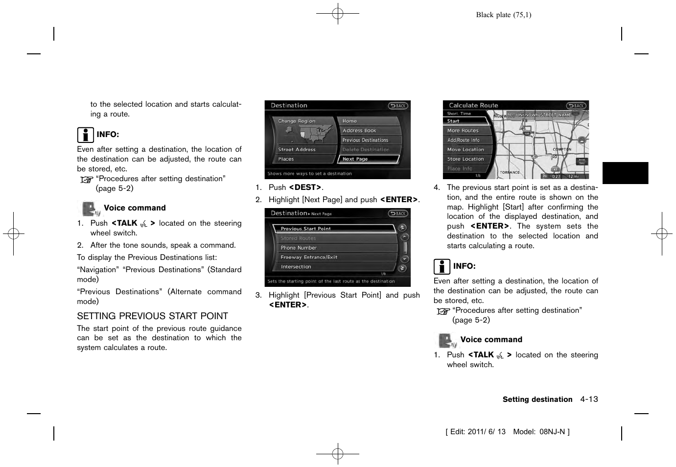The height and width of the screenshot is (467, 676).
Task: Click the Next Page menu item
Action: (368, 159)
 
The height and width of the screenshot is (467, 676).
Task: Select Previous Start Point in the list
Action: (333, 229)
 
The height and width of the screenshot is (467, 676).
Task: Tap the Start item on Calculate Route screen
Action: (466, 121)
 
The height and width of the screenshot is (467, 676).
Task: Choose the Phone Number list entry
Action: (333, 248)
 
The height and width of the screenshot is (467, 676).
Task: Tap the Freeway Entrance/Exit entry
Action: (333, 257)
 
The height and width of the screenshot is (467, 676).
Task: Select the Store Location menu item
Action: (467, 159)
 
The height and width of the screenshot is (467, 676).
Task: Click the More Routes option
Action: (467, 131)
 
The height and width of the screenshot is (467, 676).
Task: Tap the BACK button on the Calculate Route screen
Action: (576, 106)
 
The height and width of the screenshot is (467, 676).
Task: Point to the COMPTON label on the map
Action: (562, 149)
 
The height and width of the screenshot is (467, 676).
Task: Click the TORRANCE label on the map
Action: (510, 172)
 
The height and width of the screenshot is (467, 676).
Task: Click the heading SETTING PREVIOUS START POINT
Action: (152, 316)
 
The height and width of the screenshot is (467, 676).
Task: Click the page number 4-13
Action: (589, 399)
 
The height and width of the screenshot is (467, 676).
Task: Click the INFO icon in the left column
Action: (85, 135)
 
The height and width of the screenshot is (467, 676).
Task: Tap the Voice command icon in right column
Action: (446, 340)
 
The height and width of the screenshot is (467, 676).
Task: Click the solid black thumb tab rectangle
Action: (625, 173)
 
